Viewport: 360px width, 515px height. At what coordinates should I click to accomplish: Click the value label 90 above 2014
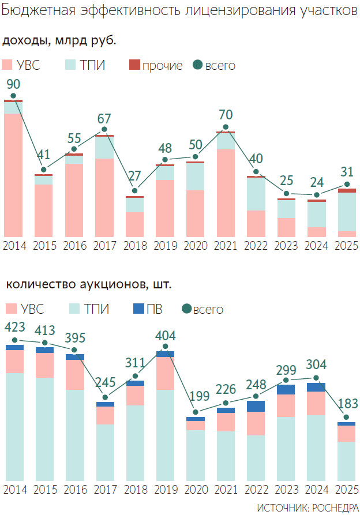(x=13, y=84)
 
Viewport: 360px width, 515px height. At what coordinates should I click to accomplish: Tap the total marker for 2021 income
(x=226, y=127)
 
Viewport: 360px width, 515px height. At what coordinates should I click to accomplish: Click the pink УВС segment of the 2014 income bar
(x=13, y=173)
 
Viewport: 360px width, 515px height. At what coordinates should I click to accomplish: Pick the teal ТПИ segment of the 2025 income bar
(x=347, y=212)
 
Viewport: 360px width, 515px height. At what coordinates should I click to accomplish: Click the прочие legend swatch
(x=134, y=65)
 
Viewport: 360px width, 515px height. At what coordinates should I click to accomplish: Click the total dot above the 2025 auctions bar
(x=347, y=418)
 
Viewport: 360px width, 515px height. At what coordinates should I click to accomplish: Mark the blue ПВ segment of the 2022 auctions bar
(x=256, y=406)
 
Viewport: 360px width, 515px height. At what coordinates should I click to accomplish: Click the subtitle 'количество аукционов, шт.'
(x=89, y=284)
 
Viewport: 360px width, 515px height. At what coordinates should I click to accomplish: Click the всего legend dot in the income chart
(x=197, y=65)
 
